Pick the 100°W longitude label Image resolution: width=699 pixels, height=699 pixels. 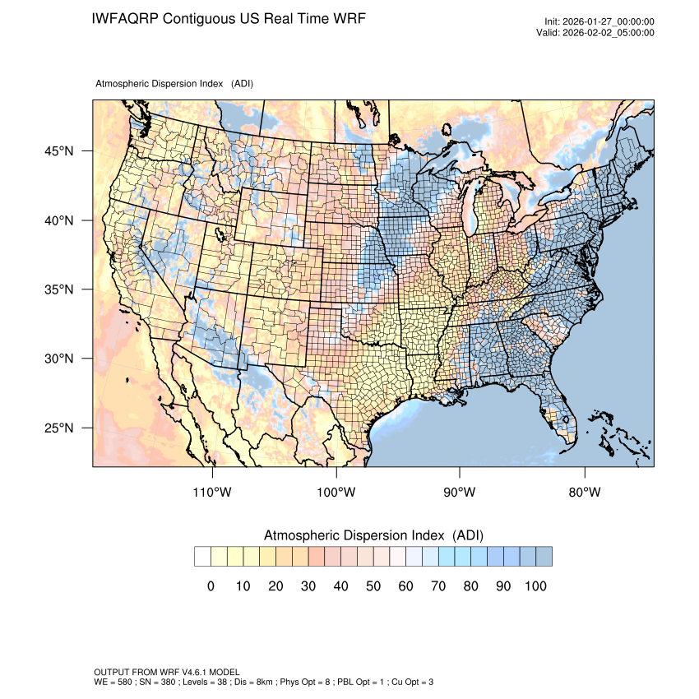pyautogui.click(x=336, y=493)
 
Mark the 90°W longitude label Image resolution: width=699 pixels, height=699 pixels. pyautogui.click(x=460, y=493)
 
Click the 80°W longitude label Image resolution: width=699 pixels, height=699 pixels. pyautogui.click(x=585, y=493)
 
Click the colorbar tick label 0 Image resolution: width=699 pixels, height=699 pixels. pyautogui.click(x=211, y=586)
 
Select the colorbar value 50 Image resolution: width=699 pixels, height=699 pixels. pyautogui.click(x=373, y=586)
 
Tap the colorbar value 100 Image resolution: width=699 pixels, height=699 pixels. pyautogui.click(x=535, y=586)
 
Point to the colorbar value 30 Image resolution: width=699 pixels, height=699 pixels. pyautogui.click(x=308, y=586)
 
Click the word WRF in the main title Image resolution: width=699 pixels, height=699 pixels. pyautogui.click(x=346, y=18)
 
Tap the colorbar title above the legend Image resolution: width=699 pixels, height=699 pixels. pyautogui.click(x=373, y=535)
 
